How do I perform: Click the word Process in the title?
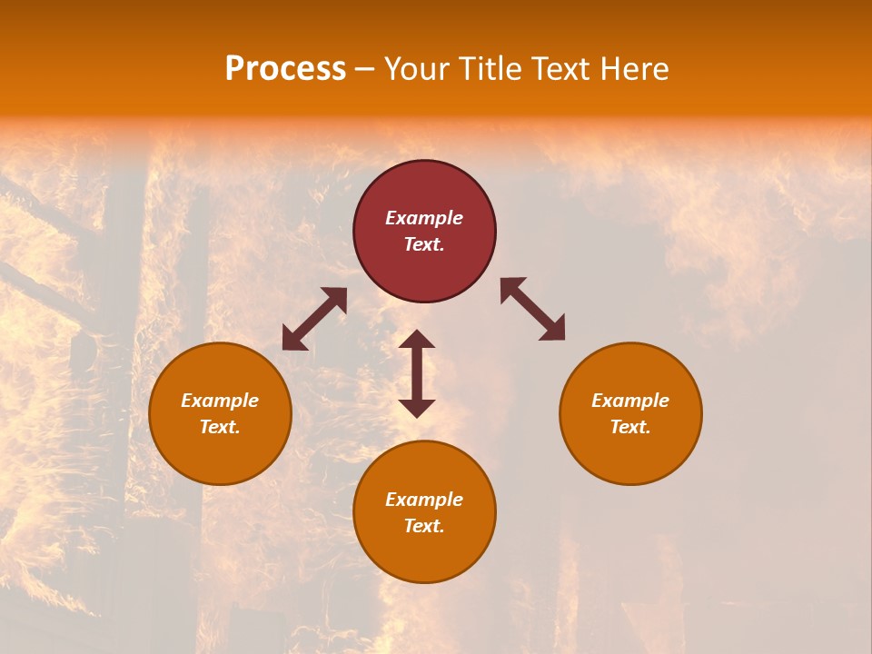point(285,69)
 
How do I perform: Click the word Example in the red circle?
point(424,218)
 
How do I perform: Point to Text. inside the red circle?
point(424,244)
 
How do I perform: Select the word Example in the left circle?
point(220,401)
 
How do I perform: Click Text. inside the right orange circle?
point(630,427)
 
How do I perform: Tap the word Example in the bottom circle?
point(424,500)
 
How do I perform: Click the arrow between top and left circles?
point(314,318)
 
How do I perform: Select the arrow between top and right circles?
point(533,309)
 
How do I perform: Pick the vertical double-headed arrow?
point(417,373)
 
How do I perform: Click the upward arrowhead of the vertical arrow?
point(417,339)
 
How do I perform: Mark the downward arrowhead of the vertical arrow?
point(417,408)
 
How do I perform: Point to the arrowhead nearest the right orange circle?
point(553,329)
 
